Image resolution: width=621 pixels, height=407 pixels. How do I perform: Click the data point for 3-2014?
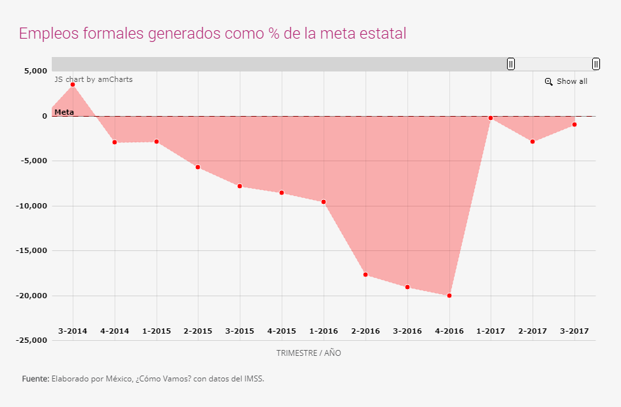click(73, 85)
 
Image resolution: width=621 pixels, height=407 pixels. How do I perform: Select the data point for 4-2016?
click(449, 296)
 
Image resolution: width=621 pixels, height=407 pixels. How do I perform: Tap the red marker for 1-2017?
click(491, 118)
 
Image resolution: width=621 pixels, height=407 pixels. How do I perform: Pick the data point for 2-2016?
click(366, 275)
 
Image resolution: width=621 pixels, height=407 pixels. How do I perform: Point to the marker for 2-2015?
click(198, 167)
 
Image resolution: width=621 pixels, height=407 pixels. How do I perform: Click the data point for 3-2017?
click(574, 125)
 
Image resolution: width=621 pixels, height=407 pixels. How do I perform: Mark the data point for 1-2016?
click(324, 202)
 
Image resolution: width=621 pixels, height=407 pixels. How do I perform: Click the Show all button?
click(572, 81)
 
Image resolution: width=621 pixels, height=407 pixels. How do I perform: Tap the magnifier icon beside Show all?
click(549, 82)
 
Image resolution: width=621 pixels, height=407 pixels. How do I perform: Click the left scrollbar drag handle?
click(511, 64)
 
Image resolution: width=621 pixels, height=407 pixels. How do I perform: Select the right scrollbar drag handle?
click(596, 64)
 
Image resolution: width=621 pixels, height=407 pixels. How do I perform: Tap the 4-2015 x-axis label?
click(282, 331)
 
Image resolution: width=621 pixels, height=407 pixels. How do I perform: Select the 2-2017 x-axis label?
click(533, 331)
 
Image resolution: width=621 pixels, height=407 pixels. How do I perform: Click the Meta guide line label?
click(64, 112)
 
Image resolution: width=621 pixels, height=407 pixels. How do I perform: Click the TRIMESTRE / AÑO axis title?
click(309, 353)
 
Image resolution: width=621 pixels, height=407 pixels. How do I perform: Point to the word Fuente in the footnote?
click(35, 379)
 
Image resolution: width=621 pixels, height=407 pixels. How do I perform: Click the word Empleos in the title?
click(45, 33)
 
